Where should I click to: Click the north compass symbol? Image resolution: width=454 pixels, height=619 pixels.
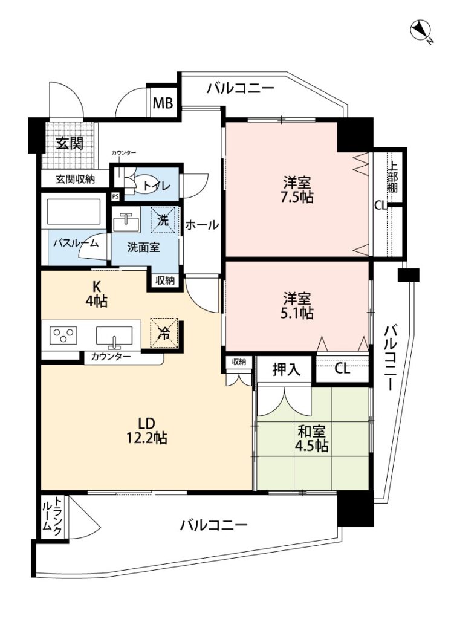[421, 31]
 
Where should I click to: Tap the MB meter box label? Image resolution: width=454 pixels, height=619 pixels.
[163, 103]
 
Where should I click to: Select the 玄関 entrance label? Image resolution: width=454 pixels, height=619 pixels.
[70, 143]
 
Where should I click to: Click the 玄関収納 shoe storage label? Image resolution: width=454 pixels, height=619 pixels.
[75, 179]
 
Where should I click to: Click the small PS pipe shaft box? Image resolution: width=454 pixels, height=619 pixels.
[115, 196]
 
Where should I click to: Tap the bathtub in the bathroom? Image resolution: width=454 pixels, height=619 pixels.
[74, 211]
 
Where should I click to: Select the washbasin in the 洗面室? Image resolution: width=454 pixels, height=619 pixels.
[126, 222]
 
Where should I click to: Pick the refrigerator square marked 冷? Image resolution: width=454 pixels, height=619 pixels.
[164, 333]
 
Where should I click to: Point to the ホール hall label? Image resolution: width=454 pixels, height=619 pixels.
[202, 225]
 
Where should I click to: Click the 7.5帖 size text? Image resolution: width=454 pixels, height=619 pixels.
[297, 196]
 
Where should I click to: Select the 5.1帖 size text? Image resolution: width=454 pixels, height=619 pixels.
[297, 313]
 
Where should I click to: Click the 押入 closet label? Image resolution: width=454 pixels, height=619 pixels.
[286, 369]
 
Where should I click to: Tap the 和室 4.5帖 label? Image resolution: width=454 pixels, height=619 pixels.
[311, 438]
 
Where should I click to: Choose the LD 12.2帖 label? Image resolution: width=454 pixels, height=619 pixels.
[146, 430]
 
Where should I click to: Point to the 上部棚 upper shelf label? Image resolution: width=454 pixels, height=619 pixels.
[392, 178]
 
